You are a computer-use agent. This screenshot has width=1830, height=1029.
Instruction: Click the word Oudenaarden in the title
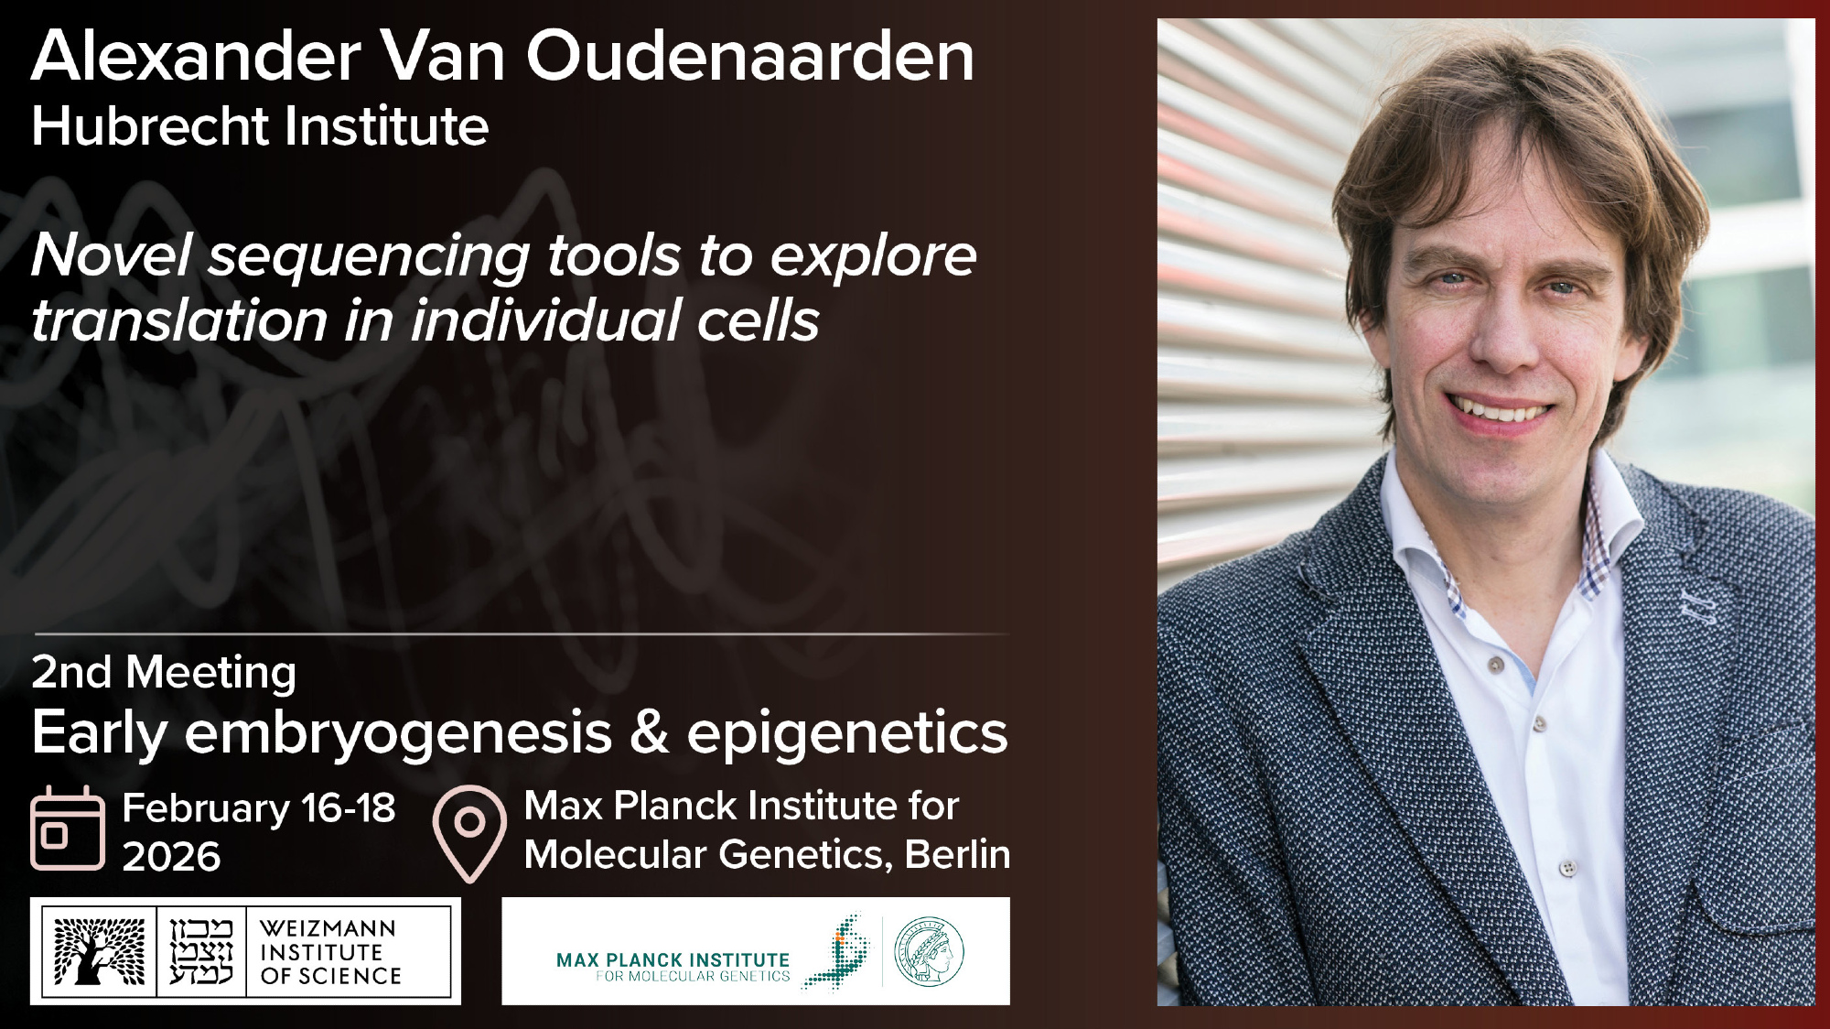click(x=750, y=56)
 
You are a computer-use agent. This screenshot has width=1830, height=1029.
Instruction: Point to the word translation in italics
click(x=179, y=320)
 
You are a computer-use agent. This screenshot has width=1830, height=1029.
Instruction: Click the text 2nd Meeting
click(x=165, y=673)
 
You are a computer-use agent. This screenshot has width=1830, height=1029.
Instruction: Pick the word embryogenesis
click(x=398, y=735)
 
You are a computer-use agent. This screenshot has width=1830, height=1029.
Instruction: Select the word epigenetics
click(x=847, y=735)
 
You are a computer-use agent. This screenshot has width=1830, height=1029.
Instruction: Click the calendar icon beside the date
click(x=68, y=828)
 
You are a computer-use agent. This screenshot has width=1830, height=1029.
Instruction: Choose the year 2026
click(x=172, y=857)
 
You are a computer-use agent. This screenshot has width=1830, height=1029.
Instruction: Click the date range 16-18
click(x=349, y=808)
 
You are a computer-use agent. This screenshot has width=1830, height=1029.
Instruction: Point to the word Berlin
click(x=957, y=854)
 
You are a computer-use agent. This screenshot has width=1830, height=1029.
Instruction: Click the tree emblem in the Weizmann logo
click(x=99, y=951)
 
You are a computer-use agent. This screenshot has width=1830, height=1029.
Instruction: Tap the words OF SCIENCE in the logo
click(x=331, y=977)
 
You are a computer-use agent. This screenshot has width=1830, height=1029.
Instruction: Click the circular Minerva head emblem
click(x=929, y=952)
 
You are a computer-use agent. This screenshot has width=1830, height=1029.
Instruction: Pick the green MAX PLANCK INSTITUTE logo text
click(x=673, y=960)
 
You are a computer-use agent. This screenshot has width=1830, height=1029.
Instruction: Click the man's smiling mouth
click(x=1498, y=408)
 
